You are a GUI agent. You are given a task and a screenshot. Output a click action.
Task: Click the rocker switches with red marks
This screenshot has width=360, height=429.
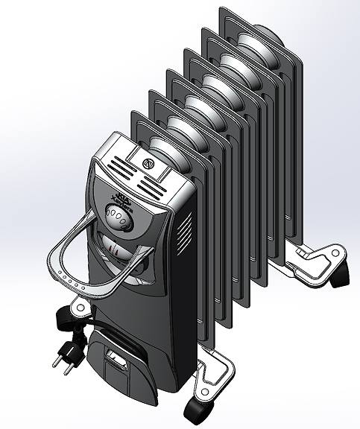click(x=113, y=247)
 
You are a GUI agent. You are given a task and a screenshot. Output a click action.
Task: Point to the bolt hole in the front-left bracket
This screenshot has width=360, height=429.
click(x=77, y=305)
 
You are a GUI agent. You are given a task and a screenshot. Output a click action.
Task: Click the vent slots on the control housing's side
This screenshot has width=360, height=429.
click(x=186, y=224)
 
